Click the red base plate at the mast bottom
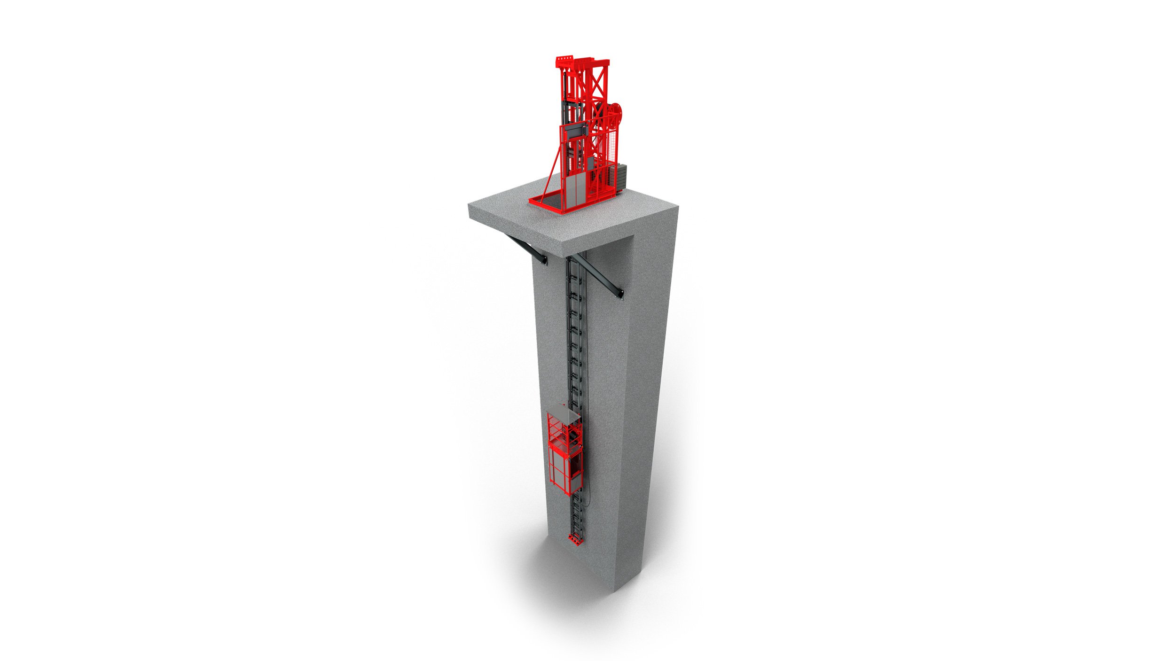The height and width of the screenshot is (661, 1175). pyautogui.click(x=576, y=540)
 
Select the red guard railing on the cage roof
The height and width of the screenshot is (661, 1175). pyautogui.click(x=557, y=430)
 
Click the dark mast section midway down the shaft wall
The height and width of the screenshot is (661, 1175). pyautogui.click(x=575, y=338)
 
